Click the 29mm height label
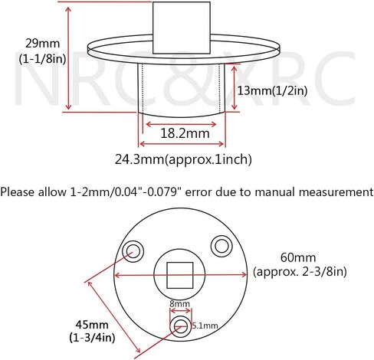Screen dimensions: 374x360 (x=42, y=44)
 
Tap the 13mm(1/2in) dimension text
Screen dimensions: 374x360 (x=272, y=90)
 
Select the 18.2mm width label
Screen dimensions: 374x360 (x=185, y=133)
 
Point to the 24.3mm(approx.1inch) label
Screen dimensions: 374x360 (x=183, y=159)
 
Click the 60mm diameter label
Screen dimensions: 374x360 (x=298, y=257)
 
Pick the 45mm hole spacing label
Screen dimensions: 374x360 (x=92, y=325)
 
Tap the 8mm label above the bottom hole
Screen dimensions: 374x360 (x=180, y=304)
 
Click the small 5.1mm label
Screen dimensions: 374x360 (x=205, y=326)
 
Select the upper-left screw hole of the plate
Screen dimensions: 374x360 (x=133, y=250)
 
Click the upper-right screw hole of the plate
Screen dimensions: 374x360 (x=221, y=246)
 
